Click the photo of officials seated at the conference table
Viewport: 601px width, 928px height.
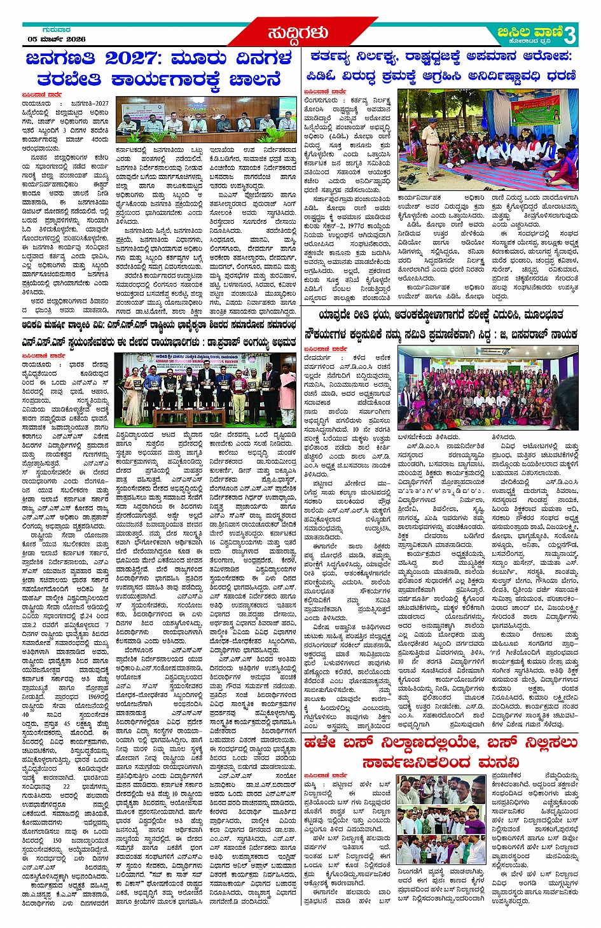pyautogui.click(x=206, y=120)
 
